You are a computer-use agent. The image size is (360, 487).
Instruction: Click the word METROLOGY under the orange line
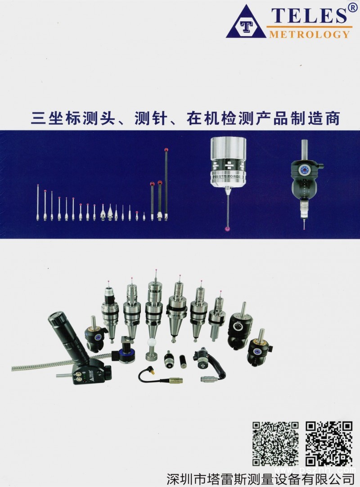309,34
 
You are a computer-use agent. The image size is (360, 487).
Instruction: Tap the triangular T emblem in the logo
246,23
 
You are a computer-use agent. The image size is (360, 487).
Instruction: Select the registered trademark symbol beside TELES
352,8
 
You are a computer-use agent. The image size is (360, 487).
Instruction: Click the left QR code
275,443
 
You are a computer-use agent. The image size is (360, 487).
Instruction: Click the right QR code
329,443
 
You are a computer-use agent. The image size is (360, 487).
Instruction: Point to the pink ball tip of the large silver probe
227,229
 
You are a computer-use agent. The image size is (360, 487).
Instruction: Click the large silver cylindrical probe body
228,162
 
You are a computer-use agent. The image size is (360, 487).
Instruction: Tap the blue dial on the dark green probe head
304,170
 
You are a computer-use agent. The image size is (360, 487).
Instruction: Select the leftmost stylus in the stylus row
38,202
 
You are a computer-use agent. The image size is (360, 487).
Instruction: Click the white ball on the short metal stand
151,343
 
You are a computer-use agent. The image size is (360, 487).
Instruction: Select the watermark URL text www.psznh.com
315,470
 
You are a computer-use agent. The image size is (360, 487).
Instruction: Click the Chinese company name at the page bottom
260,479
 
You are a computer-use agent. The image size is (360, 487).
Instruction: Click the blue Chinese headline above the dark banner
185,118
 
